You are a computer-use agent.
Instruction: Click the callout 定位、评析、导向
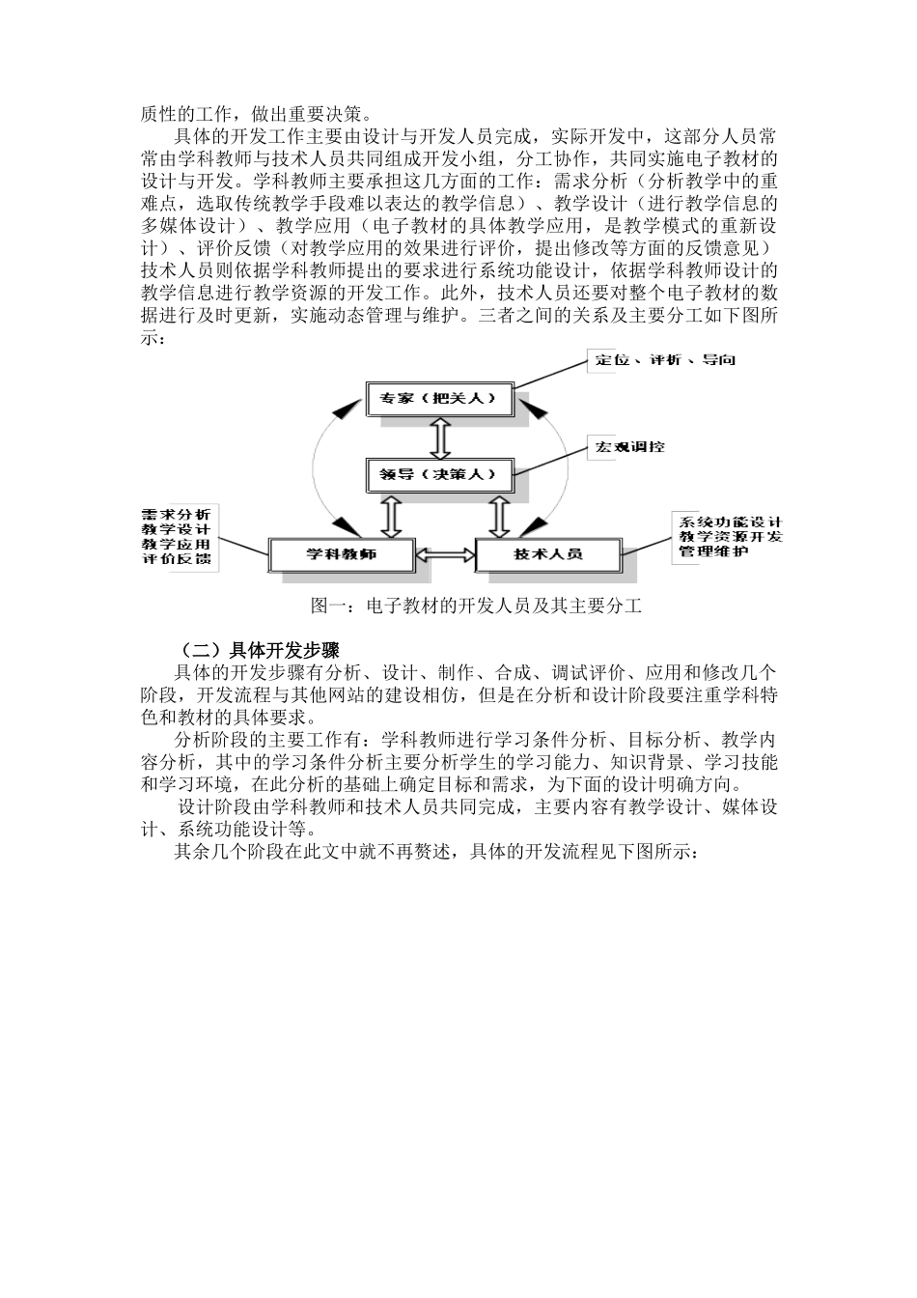coord(665,360)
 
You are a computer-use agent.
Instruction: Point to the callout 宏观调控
coord(629,447)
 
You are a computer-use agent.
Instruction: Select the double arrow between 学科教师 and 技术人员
coord(445,554)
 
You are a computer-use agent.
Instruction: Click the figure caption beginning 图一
coord(476,607)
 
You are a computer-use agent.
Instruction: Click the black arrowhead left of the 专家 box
coord(346,410)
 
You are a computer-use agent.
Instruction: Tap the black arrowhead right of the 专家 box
coord(531,410)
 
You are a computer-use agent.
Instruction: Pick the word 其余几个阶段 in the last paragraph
coord(225,853)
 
